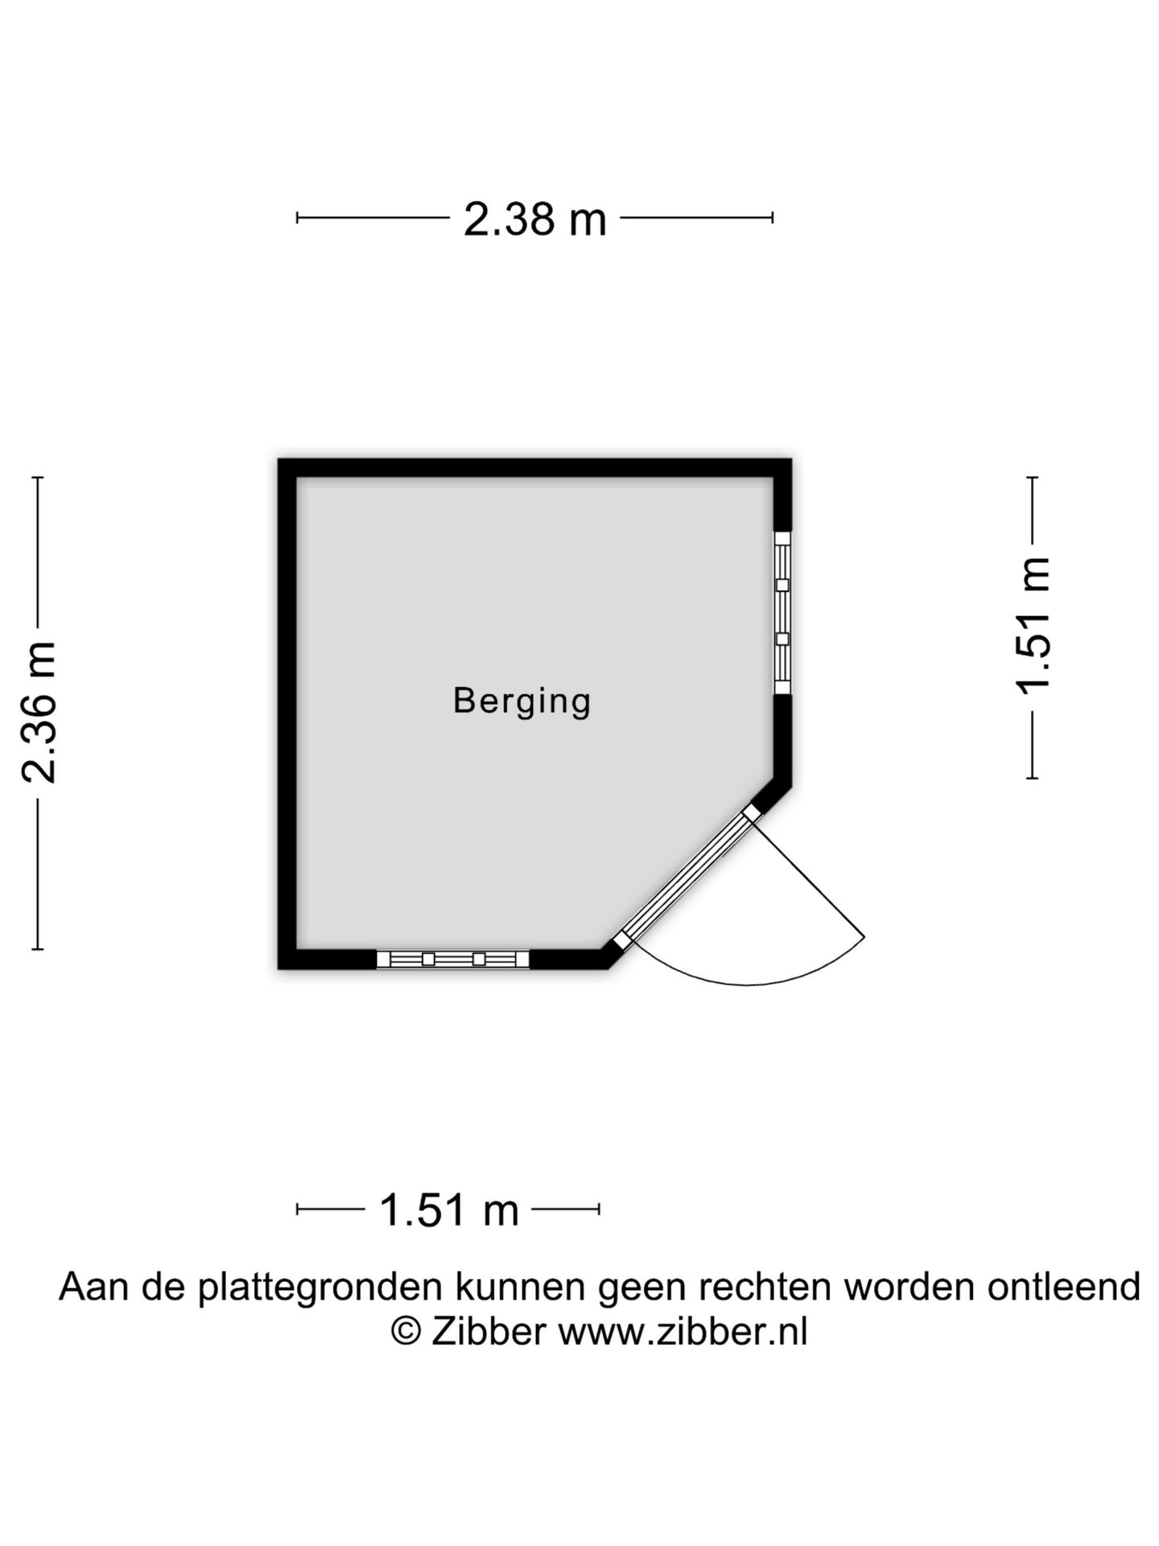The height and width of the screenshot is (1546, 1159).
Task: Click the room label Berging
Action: (522, 701)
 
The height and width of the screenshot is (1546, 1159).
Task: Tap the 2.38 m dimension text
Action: (534, 219)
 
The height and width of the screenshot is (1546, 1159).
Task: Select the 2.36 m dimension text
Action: (39, 712)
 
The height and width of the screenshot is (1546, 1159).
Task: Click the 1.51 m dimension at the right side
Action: (1033, 624)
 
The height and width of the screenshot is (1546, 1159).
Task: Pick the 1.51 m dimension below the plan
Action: (448, 1210)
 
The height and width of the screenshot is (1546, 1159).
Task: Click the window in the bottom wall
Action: (453, 958)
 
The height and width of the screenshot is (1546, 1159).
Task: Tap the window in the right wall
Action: (782, 612)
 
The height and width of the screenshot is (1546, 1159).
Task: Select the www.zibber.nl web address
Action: (683, 1332)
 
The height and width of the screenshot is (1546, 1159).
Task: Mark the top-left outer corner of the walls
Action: (279, 460)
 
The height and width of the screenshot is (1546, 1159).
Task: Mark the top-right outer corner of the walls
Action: (790, 460)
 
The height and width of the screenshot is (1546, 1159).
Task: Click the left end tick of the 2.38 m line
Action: (297, 217)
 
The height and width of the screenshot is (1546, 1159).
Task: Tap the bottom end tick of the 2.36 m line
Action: (37, 949)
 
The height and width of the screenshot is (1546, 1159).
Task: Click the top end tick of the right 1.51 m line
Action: (1033, 477)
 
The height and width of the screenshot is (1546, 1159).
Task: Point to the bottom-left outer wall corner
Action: (279, 968)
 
